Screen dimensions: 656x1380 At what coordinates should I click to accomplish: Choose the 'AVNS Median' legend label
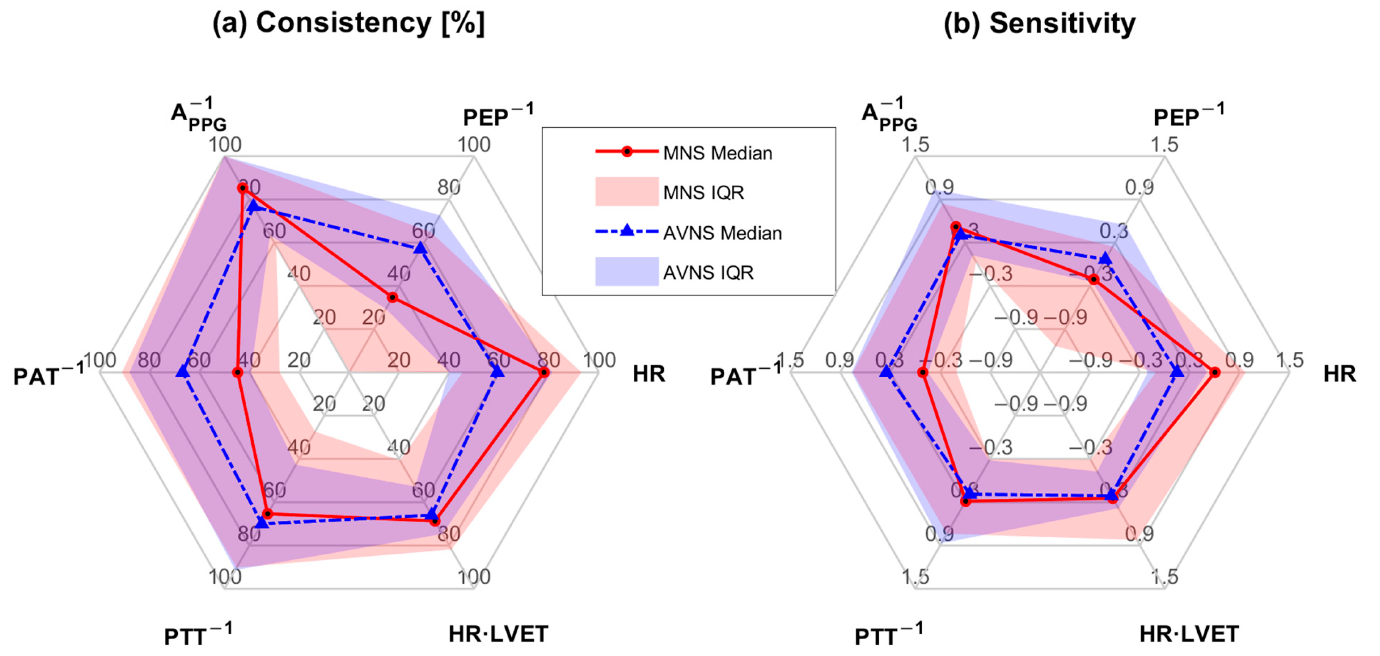point(722,233)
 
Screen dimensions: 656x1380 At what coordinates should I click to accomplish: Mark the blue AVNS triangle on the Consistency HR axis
point(497,372)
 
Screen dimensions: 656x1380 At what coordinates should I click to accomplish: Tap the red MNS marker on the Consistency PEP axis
point(393,298)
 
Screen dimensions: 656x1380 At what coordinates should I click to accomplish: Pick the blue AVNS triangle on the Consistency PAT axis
point(183,372)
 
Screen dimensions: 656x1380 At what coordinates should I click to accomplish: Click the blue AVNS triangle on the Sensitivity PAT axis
point(886,372)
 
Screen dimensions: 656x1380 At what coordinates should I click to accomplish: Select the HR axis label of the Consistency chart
point(649,374)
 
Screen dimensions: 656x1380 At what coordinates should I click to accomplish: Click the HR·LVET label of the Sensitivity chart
point(1189,634)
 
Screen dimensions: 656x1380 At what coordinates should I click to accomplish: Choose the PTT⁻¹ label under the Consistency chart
point(198,636)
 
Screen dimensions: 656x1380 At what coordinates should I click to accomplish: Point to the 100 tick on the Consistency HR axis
point(599,360)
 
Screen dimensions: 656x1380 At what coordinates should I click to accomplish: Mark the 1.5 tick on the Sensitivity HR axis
point(1289,360)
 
